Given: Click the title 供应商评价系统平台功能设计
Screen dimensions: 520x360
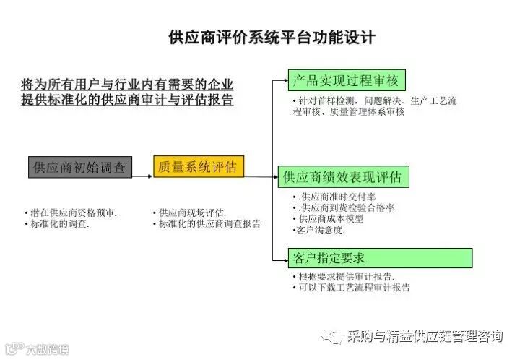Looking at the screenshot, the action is pyautogui.click(x=271, y=37).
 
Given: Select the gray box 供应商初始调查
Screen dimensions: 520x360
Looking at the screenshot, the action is pyautogui.click(x=79, y=167).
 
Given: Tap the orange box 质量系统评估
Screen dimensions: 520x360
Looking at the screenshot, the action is pyautogui.click(x=199, y=166).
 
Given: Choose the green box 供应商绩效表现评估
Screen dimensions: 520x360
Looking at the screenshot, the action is pyautogui.click(x=342, y=176).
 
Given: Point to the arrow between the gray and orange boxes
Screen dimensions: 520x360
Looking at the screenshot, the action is pyautogui.click(x=142, y=167).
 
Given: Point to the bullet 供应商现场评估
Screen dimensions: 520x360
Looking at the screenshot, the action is pyautogui.click(x=191, y=213).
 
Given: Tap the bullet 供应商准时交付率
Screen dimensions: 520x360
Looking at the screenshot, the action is pyautogui.click(x=333, y=197).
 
